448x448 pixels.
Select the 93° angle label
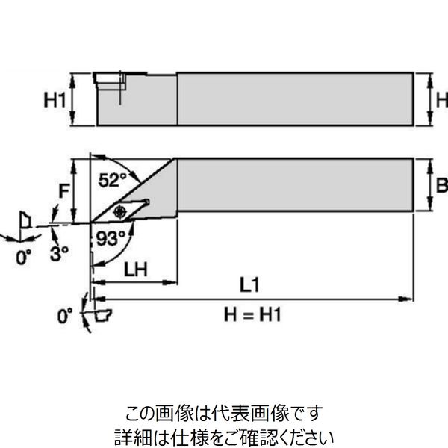click(x=110, y=239)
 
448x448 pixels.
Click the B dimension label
click(x=441, y=185)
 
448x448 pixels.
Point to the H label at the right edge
click(x=441, y=99)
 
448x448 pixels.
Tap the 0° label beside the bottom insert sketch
click(x=66, y=316)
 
